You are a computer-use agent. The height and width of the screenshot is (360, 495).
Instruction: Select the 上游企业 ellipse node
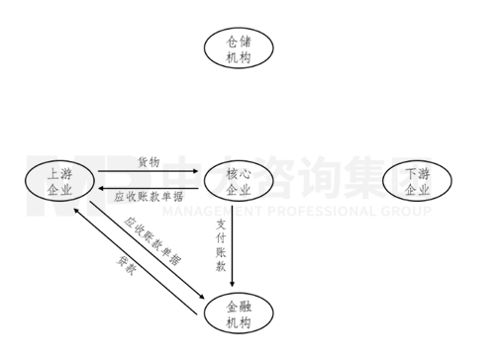tap(60, 181)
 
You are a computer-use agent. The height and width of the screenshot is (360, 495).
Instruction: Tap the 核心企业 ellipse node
tap(239, 182)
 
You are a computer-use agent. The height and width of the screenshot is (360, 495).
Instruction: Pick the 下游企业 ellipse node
tap(417, 182)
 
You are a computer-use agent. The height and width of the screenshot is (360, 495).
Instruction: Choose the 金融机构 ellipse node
tap(239, 315)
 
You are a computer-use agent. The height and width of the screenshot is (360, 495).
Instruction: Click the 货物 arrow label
tap(148, 161)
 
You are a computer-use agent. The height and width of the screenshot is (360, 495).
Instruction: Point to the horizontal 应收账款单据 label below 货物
tap(148, 195)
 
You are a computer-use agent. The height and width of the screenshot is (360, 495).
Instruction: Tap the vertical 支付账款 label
tap(221, 246)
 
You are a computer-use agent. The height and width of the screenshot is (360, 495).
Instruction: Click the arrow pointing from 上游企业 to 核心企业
tap(148, 172)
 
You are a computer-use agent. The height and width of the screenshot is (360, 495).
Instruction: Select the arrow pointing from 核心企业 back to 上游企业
tap(148, 184)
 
